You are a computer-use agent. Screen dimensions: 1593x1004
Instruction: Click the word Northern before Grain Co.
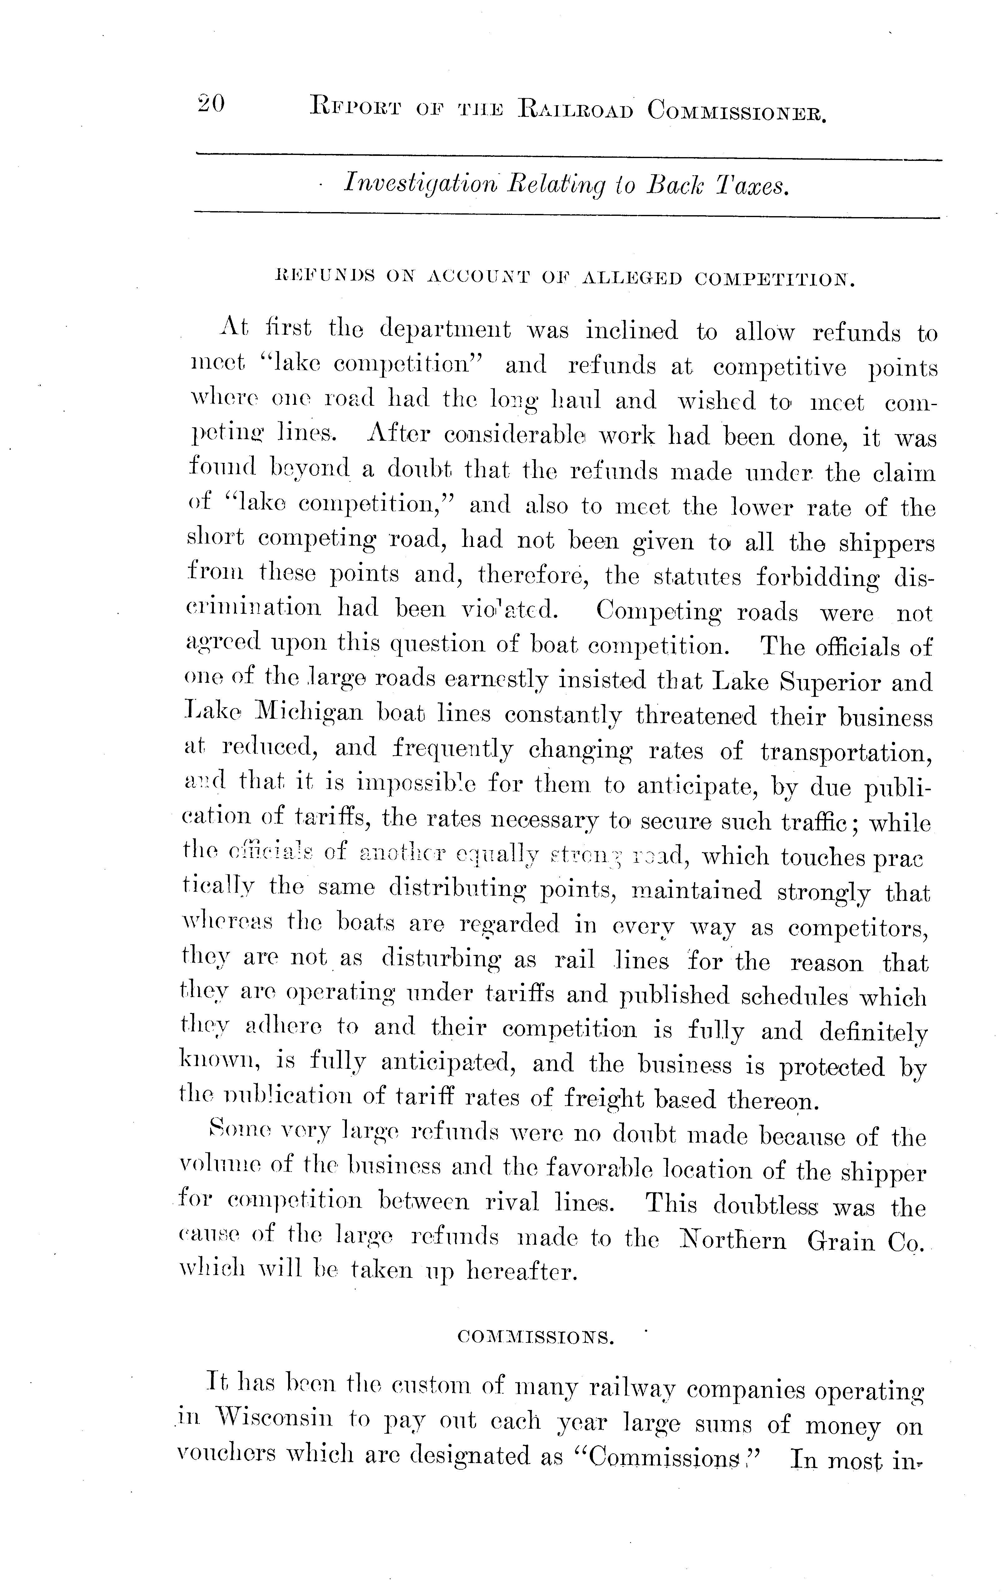point(733,1241)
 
